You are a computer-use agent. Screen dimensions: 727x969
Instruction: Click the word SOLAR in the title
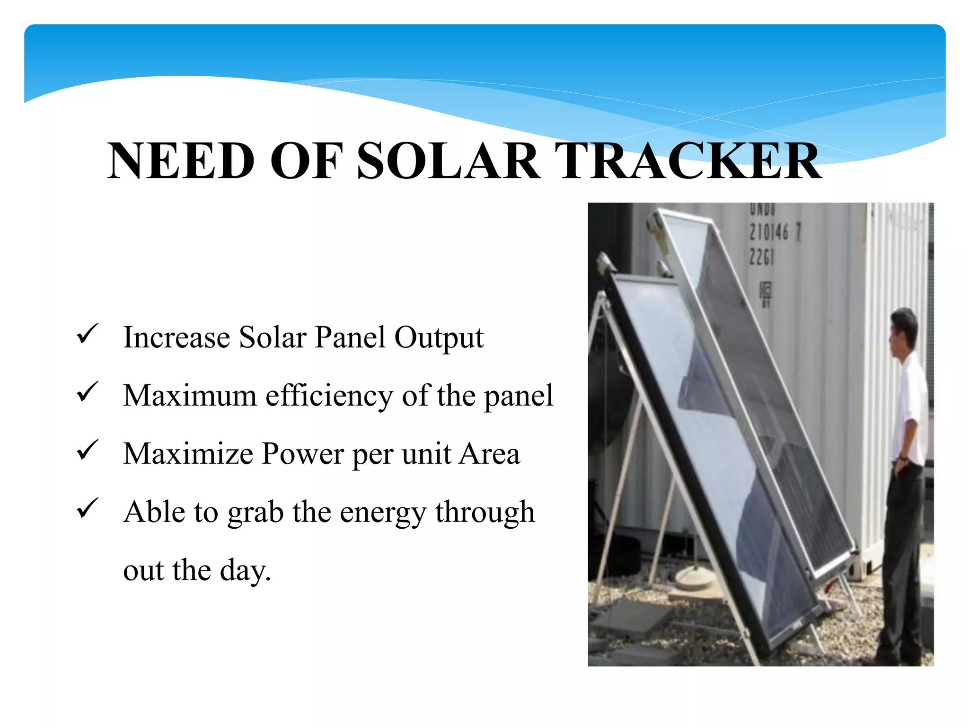449,161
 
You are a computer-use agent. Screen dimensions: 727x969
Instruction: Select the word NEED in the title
181,161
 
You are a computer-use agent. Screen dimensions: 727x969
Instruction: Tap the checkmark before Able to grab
87,508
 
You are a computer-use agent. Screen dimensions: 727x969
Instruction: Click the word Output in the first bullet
439,338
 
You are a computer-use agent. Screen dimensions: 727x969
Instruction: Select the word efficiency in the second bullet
329,396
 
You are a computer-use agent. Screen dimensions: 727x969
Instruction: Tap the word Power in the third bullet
303,454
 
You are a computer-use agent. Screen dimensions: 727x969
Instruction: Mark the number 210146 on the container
769,232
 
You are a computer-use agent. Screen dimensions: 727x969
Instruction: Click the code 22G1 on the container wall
761,257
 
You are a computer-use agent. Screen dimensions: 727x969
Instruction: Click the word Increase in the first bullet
176,338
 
